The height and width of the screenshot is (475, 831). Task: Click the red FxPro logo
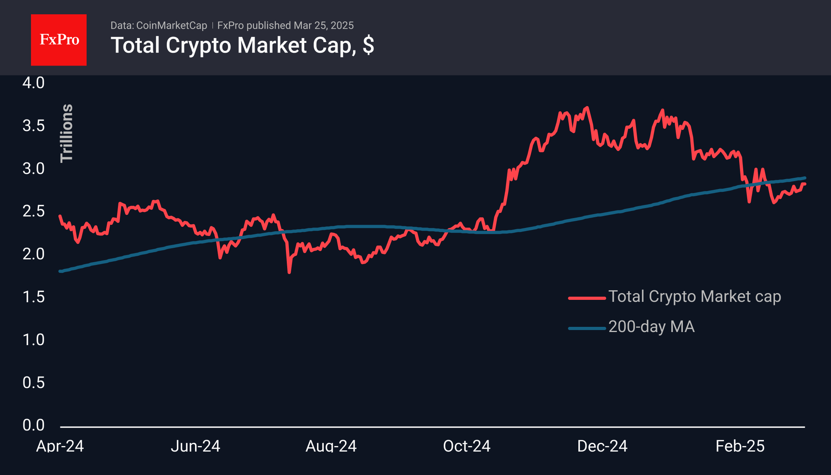coord(59,40)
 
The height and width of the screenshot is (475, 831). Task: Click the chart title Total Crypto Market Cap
coord(242,45)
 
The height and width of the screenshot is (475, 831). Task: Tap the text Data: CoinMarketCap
coord(158,25)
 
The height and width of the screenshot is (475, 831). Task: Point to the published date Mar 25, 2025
coord(324,25)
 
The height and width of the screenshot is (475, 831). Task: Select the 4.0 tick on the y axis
coord(33,83)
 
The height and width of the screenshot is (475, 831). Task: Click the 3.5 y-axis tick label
coord(33,126)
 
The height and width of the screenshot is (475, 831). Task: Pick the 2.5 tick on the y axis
coord(33,211)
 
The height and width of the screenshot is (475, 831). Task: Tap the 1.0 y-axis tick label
coord(33,340)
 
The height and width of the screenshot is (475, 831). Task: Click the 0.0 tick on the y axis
coord(33,425)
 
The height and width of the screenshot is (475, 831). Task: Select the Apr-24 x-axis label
coord(60,446)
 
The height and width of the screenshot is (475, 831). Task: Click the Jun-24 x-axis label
coord(195,446)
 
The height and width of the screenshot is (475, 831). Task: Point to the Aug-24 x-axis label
coord(331,446)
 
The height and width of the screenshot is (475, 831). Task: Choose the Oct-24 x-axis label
coord(467,446)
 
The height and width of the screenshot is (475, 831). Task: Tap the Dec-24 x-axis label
coord(602,446)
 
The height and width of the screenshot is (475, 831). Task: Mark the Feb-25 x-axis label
coord(740,446)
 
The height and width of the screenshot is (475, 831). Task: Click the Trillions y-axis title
coord(67,133)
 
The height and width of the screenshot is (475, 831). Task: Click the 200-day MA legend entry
coord(651,327)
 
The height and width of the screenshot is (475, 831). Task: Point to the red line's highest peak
coord(587,108)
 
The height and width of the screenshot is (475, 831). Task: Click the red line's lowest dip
coord(289,272)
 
